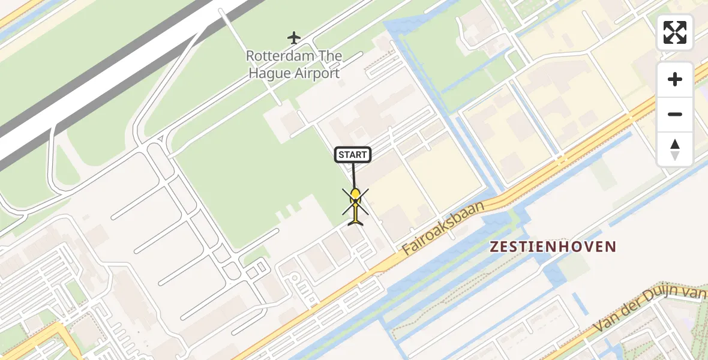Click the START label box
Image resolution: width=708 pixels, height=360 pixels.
pyautogui.click(x=352, y=155)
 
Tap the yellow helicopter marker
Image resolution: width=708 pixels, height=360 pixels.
pyautogui.click(x=356, y=194)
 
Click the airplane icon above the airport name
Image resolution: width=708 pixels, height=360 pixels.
pyautogui.click(x=293, y=38)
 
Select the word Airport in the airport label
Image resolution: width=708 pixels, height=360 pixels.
pyautogui.click(x=317, y=73)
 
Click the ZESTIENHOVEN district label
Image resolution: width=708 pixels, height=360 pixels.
pyautogui.click(x=553, y=247)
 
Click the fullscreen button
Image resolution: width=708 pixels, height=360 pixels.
pyautogui.click(x=675, y=32)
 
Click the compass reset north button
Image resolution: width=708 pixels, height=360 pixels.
pyautogui.click(x=675, y=149)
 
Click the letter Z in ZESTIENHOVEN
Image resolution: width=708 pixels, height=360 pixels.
pyautogui.click(x=495, y=247)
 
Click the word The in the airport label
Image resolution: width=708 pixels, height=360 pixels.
pyautogui.click(x=331, y=56)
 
